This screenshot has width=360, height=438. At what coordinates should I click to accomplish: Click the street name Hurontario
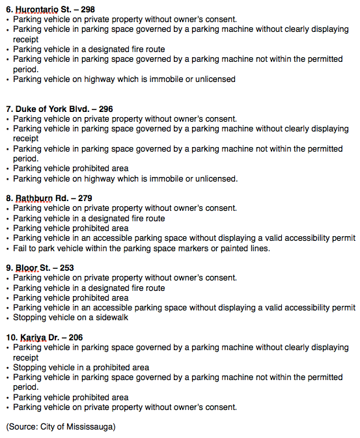click(36, 10)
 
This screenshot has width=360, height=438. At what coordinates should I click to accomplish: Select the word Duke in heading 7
click(25, 109)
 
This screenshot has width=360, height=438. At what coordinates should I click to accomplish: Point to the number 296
click(104, 109)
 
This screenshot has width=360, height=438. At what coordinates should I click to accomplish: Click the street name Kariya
click(33, 337)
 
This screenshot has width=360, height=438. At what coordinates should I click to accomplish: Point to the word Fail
click(21, 248)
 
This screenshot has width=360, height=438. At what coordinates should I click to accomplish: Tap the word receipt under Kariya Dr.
click(26, 357)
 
